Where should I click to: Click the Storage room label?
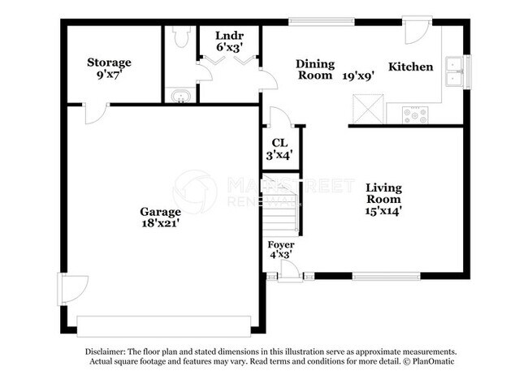[x=109, y=63]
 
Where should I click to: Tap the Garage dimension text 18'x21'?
[x=159, y=222]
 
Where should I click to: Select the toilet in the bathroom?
[x=181, y=37]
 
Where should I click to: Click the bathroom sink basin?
[x=181, y=97]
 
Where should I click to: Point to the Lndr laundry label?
[x=229, y=36]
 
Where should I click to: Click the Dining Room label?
[x=315, y=69]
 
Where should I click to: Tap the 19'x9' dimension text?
[x=358, y=76]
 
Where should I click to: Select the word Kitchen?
[x=411, y=67]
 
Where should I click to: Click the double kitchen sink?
[x=454, y=71]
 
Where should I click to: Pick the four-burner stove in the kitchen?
[x=415, y=114]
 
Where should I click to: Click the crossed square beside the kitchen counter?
[x=368, y=109]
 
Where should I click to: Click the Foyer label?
[x=281, y=244]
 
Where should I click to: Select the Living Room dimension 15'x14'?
[x=383, y=211]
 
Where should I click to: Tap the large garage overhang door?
[x=164, y=326]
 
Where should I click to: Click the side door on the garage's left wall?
[x=73, y=289]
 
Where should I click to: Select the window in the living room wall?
[x=386, y=276]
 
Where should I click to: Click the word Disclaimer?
[x=105, y=352]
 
